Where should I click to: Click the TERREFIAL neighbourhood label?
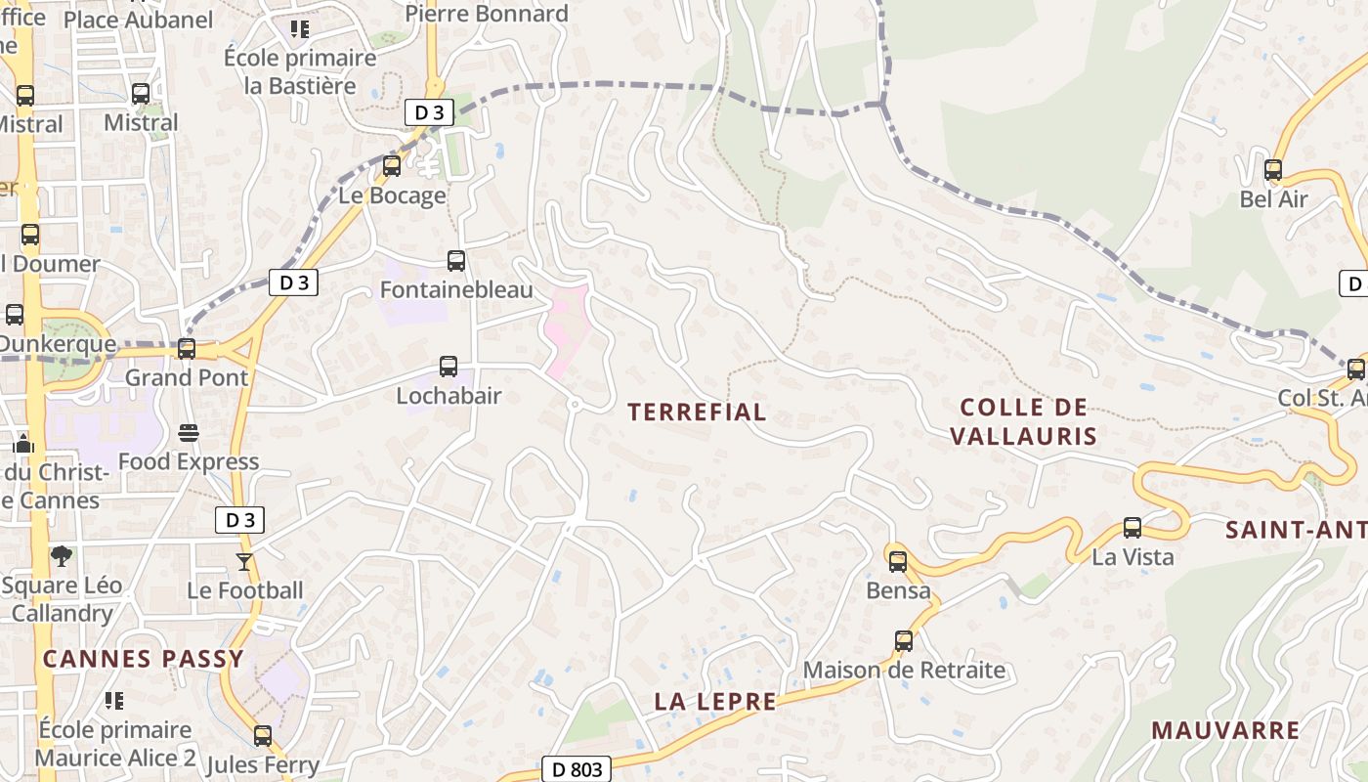pyautogui.click(x=697, y=413)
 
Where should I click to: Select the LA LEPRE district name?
pyautogui.click(x=715, y=702)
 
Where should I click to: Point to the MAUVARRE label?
pyautogui.click(x=1225, y=730)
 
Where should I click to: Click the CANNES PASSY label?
pyautogui.click(x=143, y=659)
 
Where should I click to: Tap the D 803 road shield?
pyautogui.click(x=577, y=769)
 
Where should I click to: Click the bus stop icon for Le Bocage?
pyautogui.click(x=392, y=166)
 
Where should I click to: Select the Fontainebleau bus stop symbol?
pyautogui.click(x=456, y=261)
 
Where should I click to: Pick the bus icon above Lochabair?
pyautogui.click(x=449, y=367)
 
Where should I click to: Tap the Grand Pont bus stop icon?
pyautogui.click(x=187, y=349)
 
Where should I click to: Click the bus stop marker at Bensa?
pyautogui.click(x=898, y=562)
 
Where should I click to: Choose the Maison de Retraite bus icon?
pyautogui.click(x=904, y=642)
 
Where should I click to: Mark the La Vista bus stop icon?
pyautogui.click(x=1133, y=529)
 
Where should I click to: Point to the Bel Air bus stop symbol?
pyautogui.click(x=1273, y=170)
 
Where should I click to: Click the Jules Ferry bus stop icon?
pyautogui.click(x=263, y=736)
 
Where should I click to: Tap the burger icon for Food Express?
pyautogui.click(x=189, y=433)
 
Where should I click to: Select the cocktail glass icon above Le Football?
pyautogui.click(x=243, y=562)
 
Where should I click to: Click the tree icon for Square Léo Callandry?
pyautogui.click(x=62, y=556)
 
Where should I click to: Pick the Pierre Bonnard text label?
pyautogui.click(x=487, y=14)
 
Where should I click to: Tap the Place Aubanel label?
pyautogui.click(x=138, y=20)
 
